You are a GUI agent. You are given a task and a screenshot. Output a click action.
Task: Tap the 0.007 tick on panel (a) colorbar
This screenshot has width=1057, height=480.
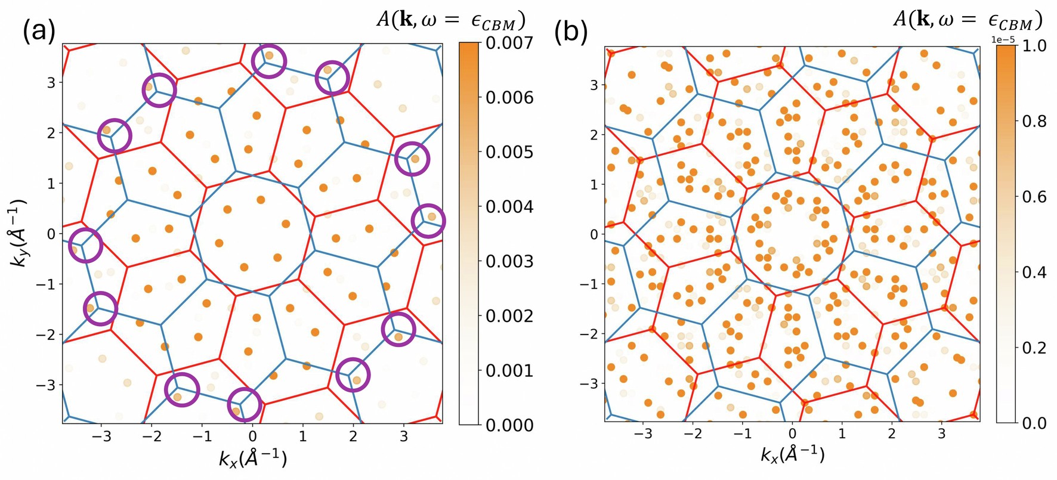(x=509, y=43)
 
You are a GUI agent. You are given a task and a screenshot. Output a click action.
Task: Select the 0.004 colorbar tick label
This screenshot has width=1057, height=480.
(x=509, y=207)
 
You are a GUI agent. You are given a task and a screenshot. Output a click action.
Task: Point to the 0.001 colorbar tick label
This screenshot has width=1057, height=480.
(x=509, y=371)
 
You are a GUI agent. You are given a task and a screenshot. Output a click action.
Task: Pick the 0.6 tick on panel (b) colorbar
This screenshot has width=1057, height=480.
(x=1034, y=197)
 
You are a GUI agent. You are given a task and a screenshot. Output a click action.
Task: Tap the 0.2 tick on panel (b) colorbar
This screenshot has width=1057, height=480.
(x=1034, y=348)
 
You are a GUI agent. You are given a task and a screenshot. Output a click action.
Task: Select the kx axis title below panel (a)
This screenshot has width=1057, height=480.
(x=253, y=459)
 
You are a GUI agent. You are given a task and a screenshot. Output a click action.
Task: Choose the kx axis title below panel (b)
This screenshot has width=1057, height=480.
(x=792, y=456)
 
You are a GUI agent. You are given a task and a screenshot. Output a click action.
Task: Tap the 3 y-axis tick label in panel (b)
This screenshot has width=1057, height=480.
(x=594, y=85)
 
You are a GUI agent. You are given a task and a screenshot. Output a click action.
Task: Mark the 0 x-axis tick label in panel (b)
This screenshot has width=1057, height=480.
(x=792, y=433)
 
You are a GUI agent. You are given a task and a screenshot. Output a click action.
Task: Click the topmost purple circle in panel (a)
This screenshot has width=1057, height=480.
(x=269, y=61)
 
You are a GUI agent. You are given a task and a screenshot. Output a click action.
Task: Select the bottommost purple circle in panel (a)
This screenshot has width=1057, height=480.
(x=245, y=405)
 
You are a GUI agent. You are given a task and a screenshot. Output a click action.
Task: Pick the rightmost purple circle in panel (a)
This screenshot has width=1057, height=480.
(x=428, y=221)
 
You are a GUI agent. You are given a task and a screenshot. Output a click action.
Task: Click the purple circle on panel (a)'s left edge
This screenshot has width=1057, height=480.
(x=85, y=245)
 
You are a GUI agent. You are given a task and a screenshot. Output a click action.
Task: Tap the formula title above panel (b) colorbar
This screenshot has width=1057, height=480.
(x=967, y=20)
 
